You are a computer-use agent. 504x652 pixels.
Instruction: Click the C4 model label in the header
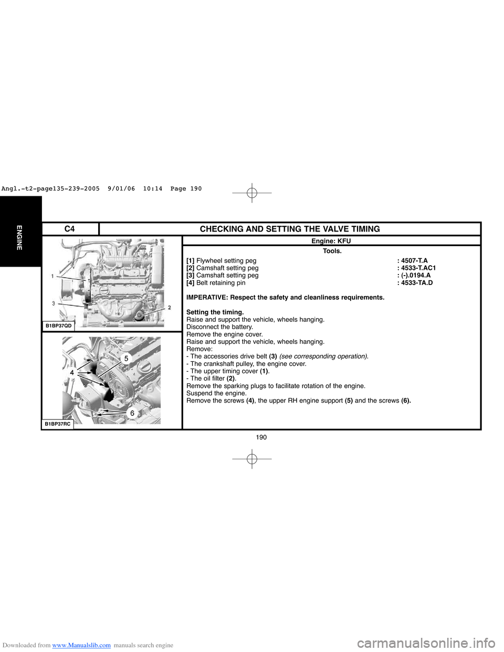click(x=69, y=229)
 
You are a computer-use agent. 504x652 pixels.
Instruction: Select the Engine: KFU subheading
click(x=331, y=241)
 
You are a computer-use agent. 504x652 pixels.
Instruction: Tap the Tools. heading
click(x=332, y=251)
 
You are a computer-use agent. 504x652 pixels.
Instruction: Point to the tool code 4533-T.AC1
click(x=418, y=268)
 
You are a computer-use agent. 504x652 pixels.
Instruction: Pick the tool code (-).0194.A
click(x=416, y=276)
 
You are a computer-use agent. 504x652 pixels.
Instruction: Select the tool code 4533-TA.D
click(x=417, y=283)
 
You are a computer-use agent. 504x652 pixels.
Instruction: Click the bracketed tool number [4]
click(x=190, y=283)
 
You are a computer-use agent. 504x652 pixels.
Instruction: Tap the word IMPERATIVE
click(x=207, y=298)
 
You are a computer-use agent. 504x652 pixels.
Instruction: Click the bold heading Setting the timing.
click(x=215, y=312)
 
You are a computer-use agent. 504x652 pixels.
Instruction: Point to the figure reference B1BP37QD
click(x=58, y=326)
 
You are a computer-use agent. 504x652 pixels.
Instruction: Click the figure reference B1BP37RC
click(x=58, y=424)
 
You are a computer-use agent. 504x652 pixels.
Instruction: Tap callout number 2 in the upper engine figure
click(x=170, y=308)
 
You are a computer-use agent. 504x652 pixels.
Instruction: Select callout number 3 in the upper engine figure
click(x=53, y=303)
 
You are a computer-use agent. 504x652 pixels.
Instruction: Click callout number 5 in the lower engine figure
click(x=126, y=358)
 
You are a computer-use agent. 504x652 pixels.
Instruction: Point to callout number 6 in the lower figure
click(x=132, y=413)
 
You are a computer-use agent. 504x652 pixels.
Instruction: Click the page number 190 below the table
click(x=261, y=437)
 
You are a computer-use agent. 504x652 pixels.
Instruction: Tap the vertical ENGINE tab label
click(x=19, y=237)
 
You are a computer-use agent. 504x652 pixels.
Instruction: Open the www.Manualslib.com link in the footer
click(x=81, y=645)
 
